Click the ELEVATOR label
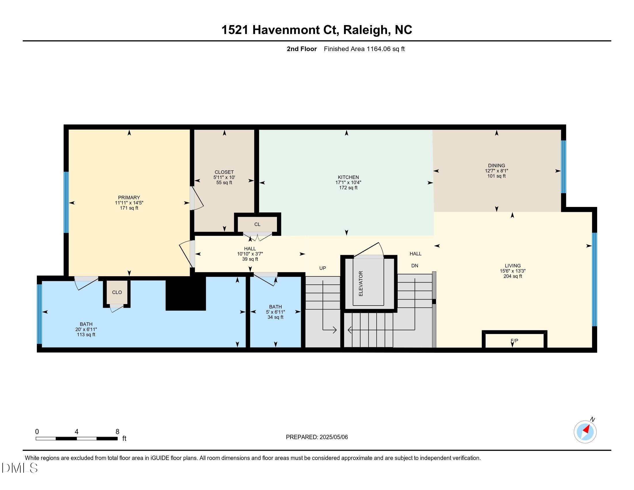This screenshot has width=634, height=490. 361,284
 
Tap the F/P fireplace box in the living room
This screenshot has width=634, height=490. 514,340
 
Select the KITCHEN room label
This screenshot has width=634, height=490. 348,177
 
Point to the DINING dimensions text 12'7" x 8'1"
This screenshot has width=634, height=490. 497,171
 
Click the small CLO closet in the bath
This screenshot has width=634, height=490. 117,292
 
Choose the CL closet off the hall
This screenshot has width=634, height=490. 257,224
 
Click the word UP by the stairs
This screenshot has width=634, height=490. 322,268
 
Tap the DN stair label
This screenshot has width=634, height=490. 414,266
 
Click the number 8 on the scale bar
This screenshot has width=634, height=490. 117,432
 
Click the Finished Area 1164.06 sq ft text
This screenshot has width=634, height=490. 364,49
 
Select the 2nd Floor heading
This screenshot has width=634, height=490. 302,49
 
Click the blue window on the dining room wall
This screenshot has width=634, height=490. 563,167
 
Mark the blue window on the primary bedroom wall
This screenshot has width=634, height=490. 66,202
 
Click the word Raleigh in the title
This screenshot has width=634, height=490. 365,30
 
